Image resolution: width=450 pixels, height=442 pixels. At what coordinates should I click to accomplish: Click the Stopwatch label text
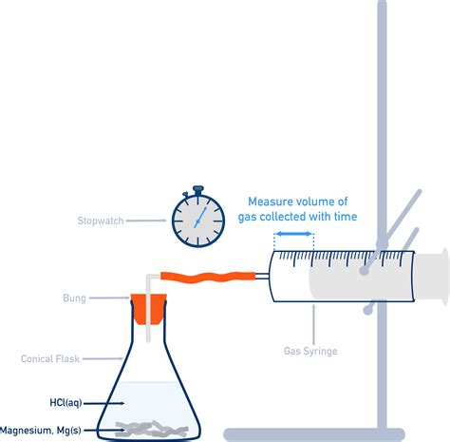pyautogui.click(x=101, y=221)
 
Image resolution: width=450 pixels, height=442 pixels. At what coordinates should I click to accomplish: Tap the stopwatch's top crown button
pyautogui.click(x=197, y=190)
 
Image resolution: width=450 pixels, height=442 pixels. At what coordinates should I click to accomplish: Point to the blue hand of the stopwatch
pyautogui.click(x=200, y=217)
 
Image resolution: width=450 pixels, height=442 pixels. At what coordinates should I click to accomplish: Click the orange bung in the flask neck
pyautogui.click(x=149, y=309)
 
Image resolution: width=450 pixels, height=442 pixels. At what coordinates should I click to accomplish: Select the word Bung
pyautogui.click(x=74, y=298)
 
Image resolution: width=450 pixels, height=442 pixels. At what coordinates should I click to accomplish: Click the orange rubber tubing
pyautogui.click(x=208, y=277)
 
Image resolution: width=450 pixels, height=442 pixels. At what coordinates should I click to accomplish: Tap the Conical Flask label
pyautogui.click(x=50, y=358)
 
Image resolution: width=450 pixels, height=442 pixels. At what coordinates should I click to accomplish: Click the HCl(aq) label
pyautogui.click(x=66, y=403)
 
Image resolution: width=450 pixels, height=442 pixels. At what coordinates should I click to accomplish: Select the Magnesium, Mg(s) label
pyautogui.click(x=41, y=431)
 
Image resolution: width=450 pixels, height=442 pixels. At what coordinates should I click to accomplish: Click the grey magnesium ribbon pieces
pyautogui.click(x=151, y=429)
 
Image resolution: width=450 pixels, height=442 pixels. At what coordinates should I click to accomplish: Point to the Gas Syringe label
pyautogui.click(x=310, y=351)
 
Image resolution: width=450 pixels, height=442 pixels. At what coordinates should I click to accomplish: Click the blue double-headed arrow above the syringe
pyautogui.click(x=294, y=234)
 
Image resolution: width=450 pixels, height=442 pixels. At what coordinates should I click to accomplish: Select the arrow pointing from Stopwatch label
pyautogui.click(x=146, y=221)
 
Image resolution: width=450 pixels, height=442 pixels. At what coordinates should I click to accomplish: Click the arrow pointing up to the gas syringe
pyautogui.click(x=313, y=324)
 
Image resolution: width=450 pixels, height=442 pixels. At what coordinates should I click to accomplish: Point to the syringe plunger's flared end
pyautogui.click(x=445, y=277)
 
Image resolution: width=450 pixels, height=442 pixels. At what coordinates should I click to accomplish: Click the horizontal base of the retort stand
pyautogui.click(x=314, y=434)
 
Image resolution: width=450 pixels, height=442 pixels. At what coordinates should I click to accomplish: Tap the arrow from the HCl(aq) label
pyautogui.click(x=104, y=403)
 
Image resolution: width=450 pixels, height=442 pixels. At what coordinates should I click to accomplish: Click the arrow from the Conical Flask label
pyautogui.click(x=103, y=358)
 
